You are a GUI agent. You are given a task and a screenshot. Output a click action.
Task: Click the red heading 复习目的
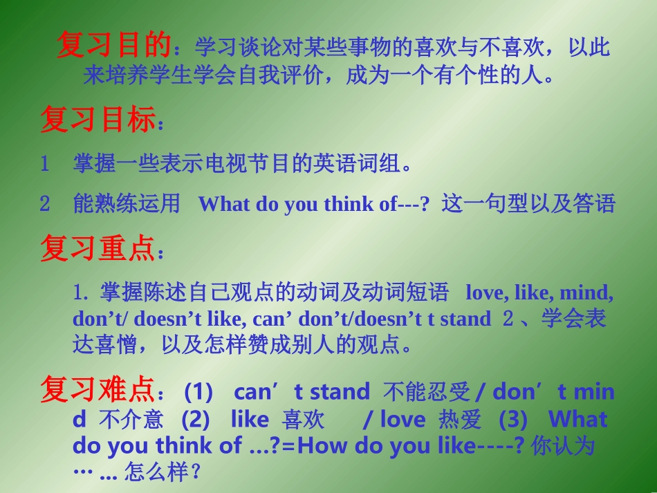point(113,46)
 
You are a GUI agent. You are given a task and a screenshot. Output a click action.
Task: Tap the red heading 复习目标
point(97,120)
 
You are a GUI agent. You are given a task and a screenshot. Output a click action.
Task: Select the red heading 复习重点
point(97,249)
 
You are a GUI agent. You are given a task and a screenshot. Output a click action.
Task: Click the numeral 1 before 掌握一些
point(45,165)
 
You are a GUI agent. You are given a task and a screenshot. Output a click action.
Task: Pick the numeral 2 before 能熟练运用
point(45,204)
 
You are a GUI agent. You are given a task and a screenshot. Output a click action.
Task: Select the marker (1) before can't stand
point(198,392)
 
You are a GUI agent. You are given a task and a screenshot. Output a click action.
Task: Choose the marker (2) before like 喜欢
point(195,419)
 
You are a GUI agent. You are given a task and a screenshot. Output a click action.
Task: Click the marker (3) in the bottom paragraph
point(512,419)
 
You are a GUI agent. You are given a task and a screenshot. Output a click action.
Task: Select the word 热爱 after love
point(460,420)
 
